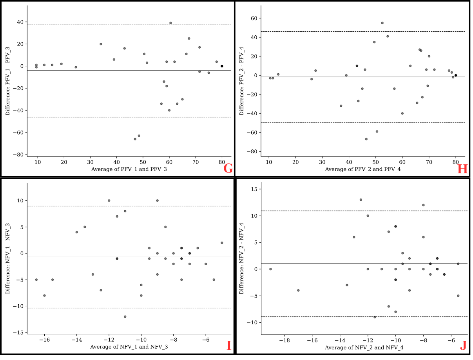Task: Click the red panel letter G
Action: (x=228, y=169)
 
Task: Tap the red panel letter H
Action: (x=462, y=169)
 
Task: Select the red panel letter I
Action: (x=229, y=346)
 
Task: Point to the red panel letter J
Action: (x=463, y=346)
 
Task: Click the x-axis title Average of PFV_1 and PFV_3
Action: (x=129, y=169)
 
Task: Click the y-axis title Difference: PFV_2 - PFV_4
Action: (x=242, y=81)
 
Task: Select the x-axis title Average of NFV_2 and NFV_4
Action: (x=364, y=347)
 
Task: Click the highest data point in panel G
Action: (x=170, y=23)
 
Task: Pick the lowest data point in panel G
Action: (x=135, y=139)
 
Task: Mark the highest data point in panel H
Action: (x=382, y=23)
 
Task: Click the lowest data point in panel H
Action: (x=366, y=139)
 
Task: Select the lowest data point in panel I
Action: (x=125, y=316)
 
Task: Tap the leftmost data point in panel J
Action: (x=270, y=269)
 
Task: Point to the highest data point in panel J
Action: (x=361, y=200)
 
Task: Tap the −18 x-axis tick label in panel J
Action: (x=284, y=340)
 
